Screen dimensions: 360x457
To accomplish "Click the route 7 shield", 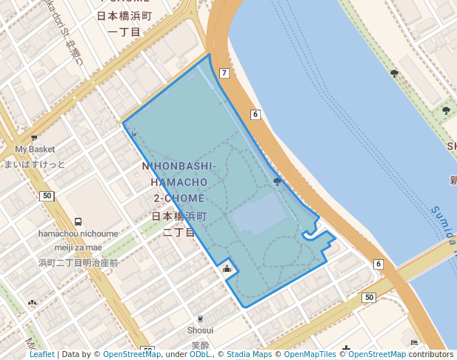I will coord(224,73).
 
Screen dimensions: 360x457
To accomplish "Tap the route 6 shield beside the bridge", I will coord(378,264).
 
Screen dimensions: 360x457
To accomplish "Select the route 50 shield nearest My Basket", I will coord(47,196).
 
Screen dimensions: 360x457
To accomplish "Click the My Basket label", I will coord(35,150).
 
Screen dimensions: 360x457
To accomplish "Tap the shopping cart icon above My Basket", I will coord(34,138).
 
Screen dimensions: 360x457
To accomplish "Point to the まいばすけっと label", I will coord(35,164).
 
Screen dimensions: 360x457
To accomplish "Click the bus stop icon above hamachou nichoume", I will coord(79,221).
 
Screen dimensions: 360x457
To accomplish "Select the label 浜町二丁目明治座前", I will coord(79,262).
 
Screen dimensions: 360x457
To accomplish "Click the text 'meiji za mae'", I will coord(79,247).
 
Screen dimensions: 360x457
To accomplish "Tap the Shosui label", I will coord(200,330).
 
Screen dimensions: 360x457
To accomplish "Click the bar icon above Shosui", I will coord(200,318).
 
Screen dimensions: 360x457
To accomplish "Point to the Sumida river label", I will coord(444,226).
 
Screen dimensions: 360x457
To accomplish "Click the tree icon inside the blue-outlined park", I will coord(277,181).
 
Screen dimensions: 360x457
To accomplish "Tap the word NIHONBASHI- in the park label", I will coord(179,167).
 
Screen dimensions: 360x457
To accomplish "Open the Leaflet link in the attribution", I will coord(42,355).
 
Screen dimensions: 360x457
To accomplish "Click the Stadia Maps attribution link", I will coord(249,355).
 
